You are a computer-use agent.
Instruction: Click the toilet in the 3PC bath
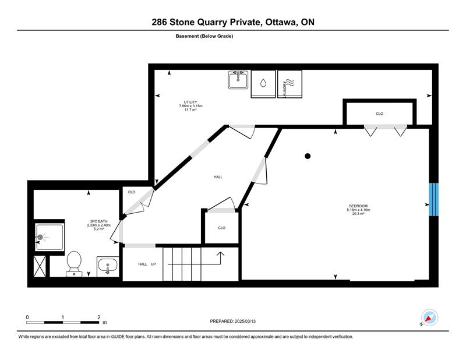pyautogui.click(x=74, y=263)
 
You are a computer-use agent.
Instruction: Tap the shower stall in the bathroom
pyautogui.click(x=50, y=237)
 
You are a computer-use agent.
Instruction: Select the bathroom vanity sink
pyautogui.click(x=108, y=266)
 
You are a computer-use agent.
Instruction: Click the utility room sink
pyautogui.click(x=238, y=80)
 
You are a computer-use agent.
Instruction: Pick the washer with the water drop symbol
pyautogui.click(x=263, y=84)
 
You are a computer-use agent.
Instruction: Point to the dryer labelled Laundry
pyautogui.click(x=290, y=84)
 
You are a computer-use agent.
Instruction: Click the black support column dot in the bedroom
pyautogui.click(x=308, y=156)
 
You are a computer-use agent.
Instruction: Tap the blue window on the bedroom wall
pyautogui.click(x=433, y=199)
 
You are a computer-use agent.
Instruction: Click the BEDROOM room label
pyautogui.click(x=358, y=206)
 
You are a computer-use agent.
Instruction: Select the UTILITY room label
pyautogui.click(x=190, y=102)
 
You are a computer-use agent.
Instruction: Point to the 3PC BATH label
pyautogui.click(x=98, y=221)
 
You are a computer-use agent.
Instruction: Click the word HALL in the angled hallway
pyautogui.click(x=218, y=177)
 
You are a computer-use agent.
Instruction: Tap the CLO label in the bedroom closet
pyautogui.click(x=380, y=114)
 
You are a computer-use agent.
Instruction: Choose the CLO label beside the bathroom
pyautogui.click(x=132, y=192)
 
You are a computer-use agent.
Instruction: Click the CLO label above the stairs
pyautogui.click(x=222, y=228)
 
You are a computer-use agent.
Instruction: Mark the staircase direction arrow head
pyautogui.click(x=220, y=254)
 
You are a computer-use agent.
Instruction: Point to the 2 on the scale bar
pyautogui.click(x=99, y=317)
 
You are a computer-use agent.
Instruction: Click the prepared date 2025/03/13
pyautogui.click(x=245, y=321)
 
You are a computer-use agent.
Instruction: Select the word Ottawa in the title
pyautogui.click(x=281, y=22)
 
